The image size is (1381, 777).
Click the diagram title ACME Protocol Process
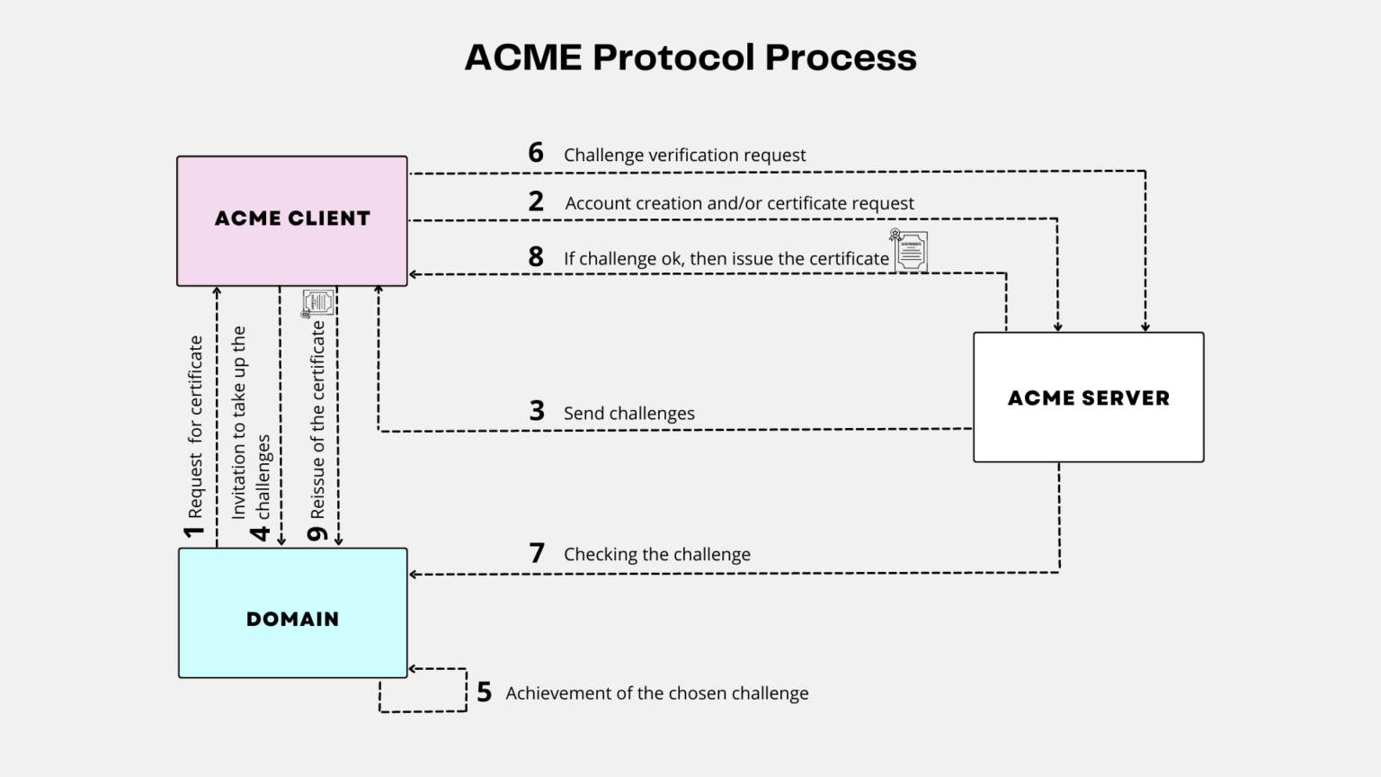click(x=690, y=58)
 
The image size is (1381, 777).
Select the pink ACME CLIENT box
click(x=292, y=220)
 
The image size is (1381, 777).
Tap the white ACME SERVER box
click(x=1088, y=397)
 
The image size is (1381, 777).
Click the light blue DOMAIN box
click(x=292, y=613)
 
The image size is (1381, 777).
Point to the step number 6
click(x=536, y=153)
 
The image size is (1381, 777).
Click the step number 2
click(x=536, y=201)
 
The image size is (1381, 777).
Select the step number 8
click(x=536, y=257)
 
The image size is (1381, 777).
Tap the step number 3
click(x=537, y=411)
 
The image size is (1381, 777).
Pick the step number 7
click(x=537, y=552)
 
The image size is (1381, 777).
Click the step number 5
click(x=484, y=692)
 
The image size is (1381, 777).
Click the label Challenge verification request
click(x=684, y=155)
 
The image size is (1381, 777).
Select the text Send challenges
click(x=628, y=414)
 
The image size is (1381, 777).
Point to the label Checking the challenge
click(x=656, y=554)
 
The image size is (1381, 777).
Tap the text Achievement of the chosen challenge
click(x=656, y=693)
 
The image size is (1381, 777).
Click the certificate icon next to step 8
click(x=909, y=250)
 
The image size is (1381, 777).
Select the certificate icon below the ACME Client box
click(x=316, y=303)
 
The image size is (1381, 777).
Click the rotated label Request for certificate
click(x=195, y=427)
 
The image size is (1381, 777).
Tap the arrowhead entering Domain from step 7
click(x=414, y=574)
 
